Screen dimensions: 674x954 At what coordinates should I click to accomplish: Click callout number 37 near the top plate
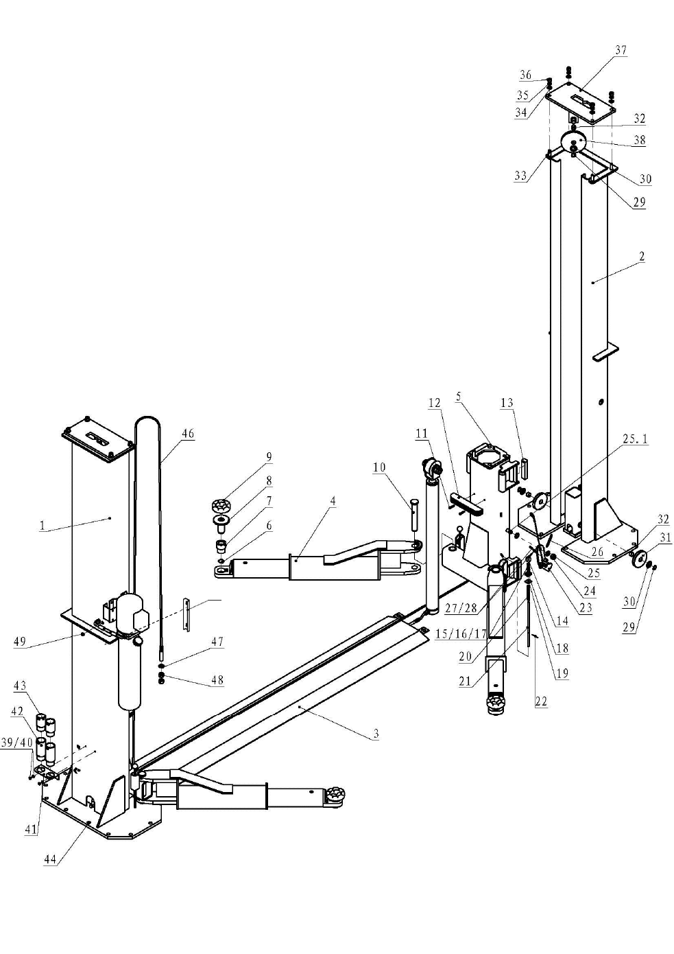(621, 50)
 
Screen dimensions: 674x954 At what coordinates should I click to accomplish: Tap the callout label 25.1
(636, 439)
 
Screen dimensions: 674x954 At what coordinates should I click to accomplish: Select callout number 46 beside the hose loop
(188, 434)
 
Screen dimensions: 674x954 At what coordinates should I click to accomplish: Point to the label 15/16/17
(461, 633)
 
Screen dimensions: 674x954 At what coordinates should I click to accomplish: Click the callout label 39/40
(17, 743)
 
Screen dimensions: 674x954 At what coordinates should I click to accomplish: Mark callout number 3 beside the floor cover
(376, 734)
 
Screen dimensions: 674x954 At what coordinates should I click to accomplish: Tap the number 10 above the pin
(379, 467)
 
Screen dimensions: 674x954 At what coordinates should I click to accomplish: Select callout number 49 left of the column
(20, 642)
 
